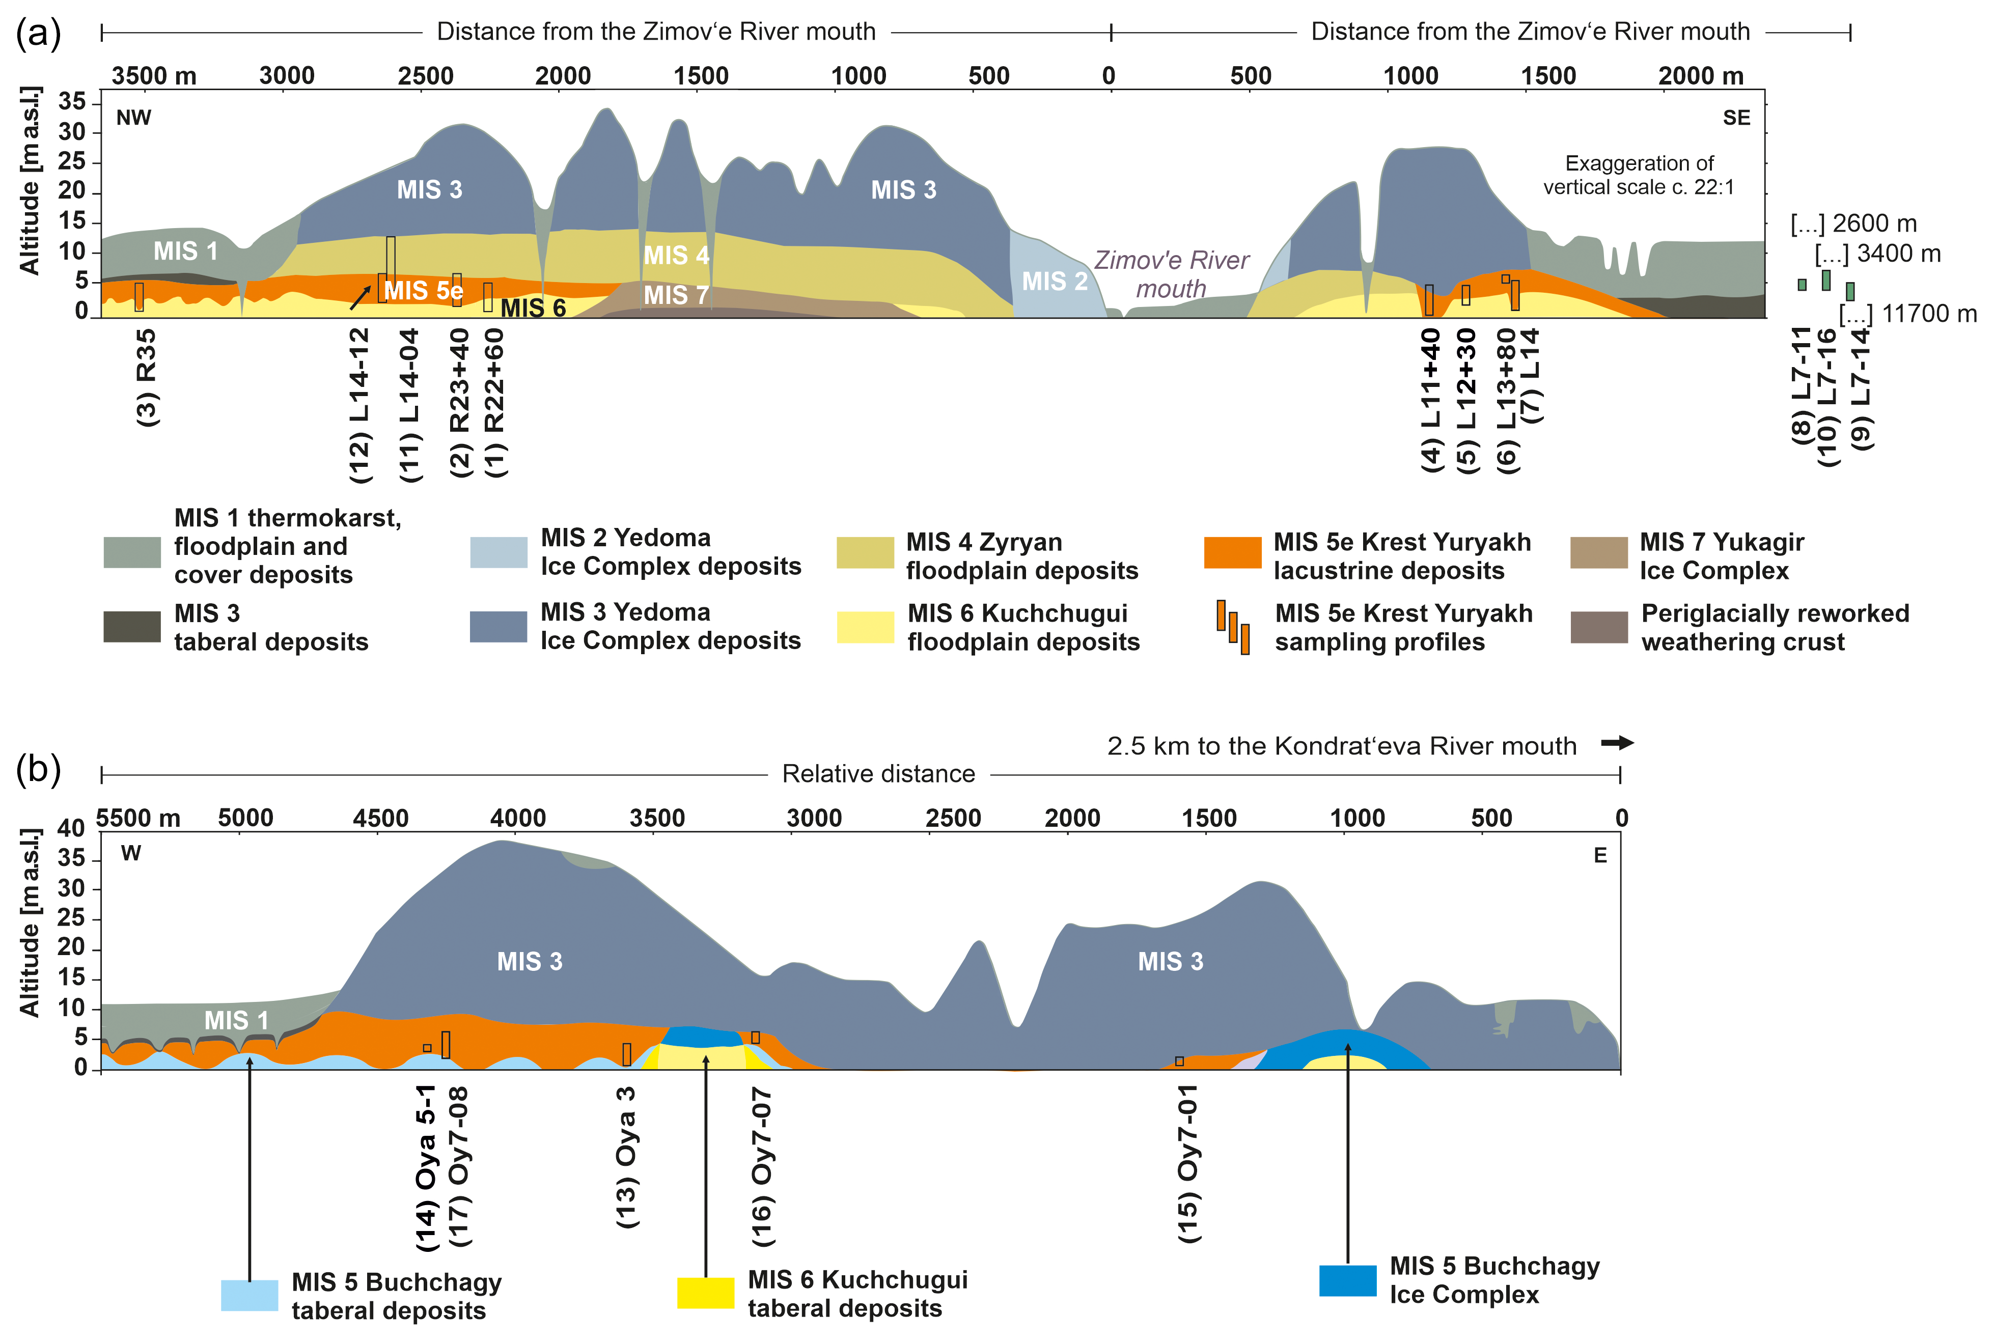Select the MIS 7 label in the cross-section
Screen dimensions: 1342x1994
click(675, 295)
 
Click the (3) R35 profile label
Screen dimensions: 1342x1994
click(147, 377)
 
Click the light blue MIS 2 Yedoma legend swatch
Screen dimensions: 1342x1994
click(499, 552)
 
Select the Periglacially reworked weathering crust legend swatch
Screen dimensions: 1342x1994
click(1599, 627)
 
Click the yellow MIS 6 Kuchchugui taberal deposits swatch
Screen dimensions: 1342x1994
click(705, 1292)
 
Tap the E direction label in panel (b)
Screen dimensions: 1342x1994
click(1599, 856)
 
